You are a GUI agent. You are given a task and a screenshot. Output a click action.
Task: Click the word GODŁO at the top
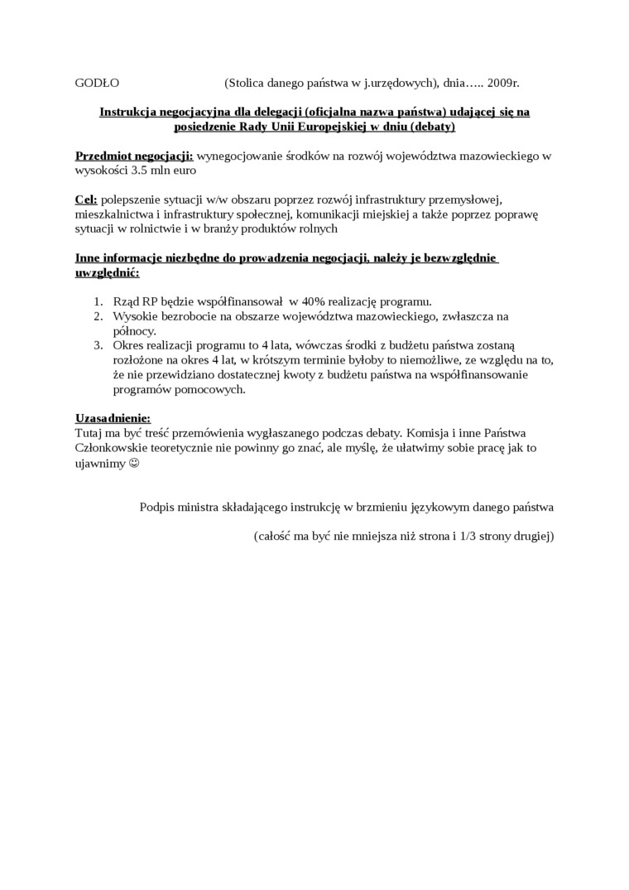98,83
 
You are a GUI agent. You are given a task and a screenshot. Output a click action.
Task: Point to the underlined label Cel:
86,200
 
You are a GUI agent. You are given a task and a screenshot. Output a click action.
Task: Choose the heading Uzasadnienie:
113,418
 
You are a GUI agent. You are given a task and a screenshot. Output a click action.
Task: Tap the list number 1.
98,301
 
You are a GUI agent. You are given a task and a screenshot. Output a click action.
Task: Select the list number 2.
98,316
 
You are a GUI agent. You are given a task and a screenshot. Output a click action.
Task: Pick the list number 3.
98,345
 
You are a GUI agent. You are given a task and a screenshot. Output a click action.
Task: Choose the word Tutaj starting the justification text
89,433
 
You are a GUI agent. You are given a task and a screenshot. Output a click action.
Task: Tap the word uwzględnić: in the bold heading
107,272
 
